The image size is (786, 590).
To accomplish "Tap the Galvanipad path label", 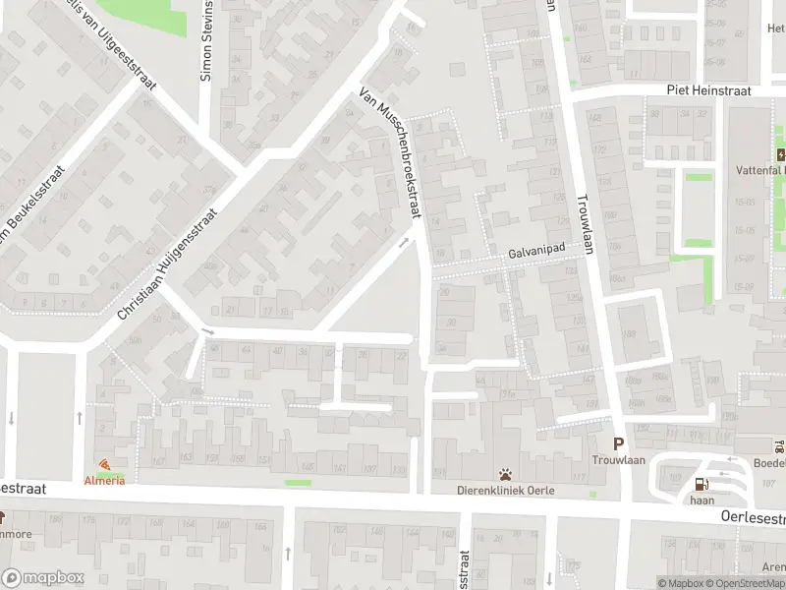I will (x=536, y=253).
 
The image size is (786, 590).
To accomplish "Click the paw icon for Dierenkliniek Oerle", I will (x=505, y=474).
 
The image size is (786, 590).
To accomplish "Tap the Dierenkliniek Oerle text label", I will (x=505, y=491).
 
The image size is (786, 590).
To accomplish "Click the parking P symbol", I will (x=619, y=443).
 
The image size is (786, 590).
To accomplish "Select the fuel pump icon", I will (x=700, y=484).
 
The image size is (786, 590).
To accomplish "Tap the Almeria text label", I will (x=104, y=480).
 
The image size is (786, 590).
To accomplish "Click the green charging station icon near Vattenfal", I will (x=780, y=154).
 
